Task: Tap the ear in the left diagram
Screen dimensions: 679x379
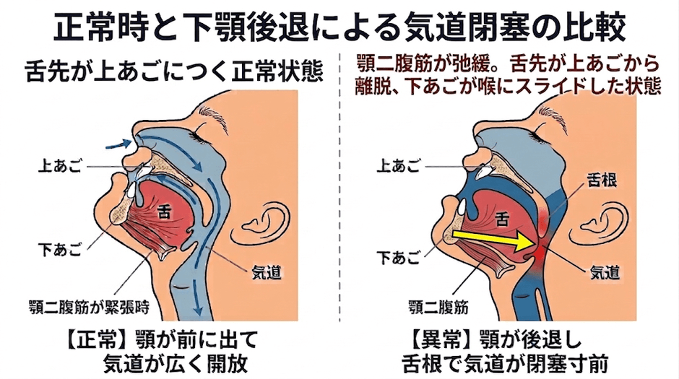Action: tap(260, 226)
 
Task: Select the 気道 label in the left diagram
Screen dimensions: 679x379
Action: tap(267, 272)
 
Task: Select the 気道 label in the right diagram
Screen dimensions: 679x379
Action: tap(605, 272)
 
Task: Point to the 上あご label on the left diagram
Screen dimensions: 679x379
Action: tap(60, 167)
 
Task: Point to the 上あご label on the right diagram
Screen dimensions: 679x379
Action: tap(399, 167)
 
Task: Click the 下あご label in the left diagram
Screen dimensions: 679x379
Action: tap(60, 250)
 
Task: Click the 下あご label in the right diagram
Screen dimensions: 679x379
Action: tap(399, 258)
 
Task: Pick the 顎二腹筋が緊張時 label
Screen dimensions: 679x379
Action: tap(89, 307)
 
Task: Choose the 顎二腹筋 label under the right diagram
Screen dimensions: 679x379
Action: tap(438, 307)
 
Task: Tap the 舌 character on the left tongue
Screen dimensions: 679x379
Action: tap(165, 212)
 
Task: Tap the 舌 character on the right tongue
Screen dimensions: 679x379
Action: tap(502, 219)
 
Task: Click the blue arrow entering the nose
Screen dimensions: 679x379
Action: tap(118, 144)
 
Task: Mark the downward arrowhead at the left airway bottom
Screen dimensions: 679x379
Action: tap(198, 310)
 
